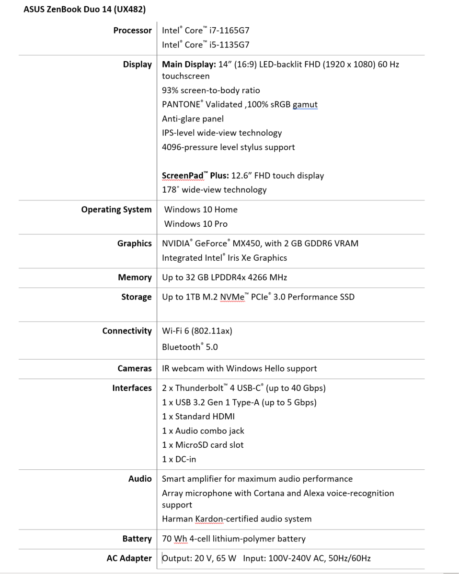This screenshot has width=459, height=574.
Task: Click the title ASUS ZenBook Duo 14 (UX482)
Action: click(85, 9)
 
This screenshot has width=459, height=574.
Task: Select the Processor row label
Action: click(132, 31)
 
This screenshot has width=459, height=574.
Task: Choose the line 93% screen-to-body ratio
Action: click(211, 90)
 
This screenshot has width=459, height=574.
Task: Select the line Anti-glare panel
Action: click(193, 119)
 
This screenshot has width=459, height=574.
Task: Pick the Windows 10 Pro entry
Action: click(195, 224)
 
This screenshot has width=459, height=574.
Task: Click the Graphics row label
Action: click(134, 243)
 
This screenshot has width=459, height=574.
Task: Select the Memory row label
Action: click(135, 277)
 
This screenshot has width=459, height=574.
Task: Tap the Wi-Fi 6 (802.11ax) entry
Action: click(197, 331)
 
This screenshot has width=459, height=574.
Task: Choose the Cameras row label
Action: click(135, 369)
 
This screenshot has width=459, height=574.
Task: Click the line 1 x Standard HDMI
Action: click(198, 417)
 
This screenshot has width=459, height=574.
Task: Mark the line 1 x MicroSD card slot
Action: click(203, 445)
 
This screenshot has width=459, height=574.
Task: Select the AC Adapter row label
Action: click(129, 558)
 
